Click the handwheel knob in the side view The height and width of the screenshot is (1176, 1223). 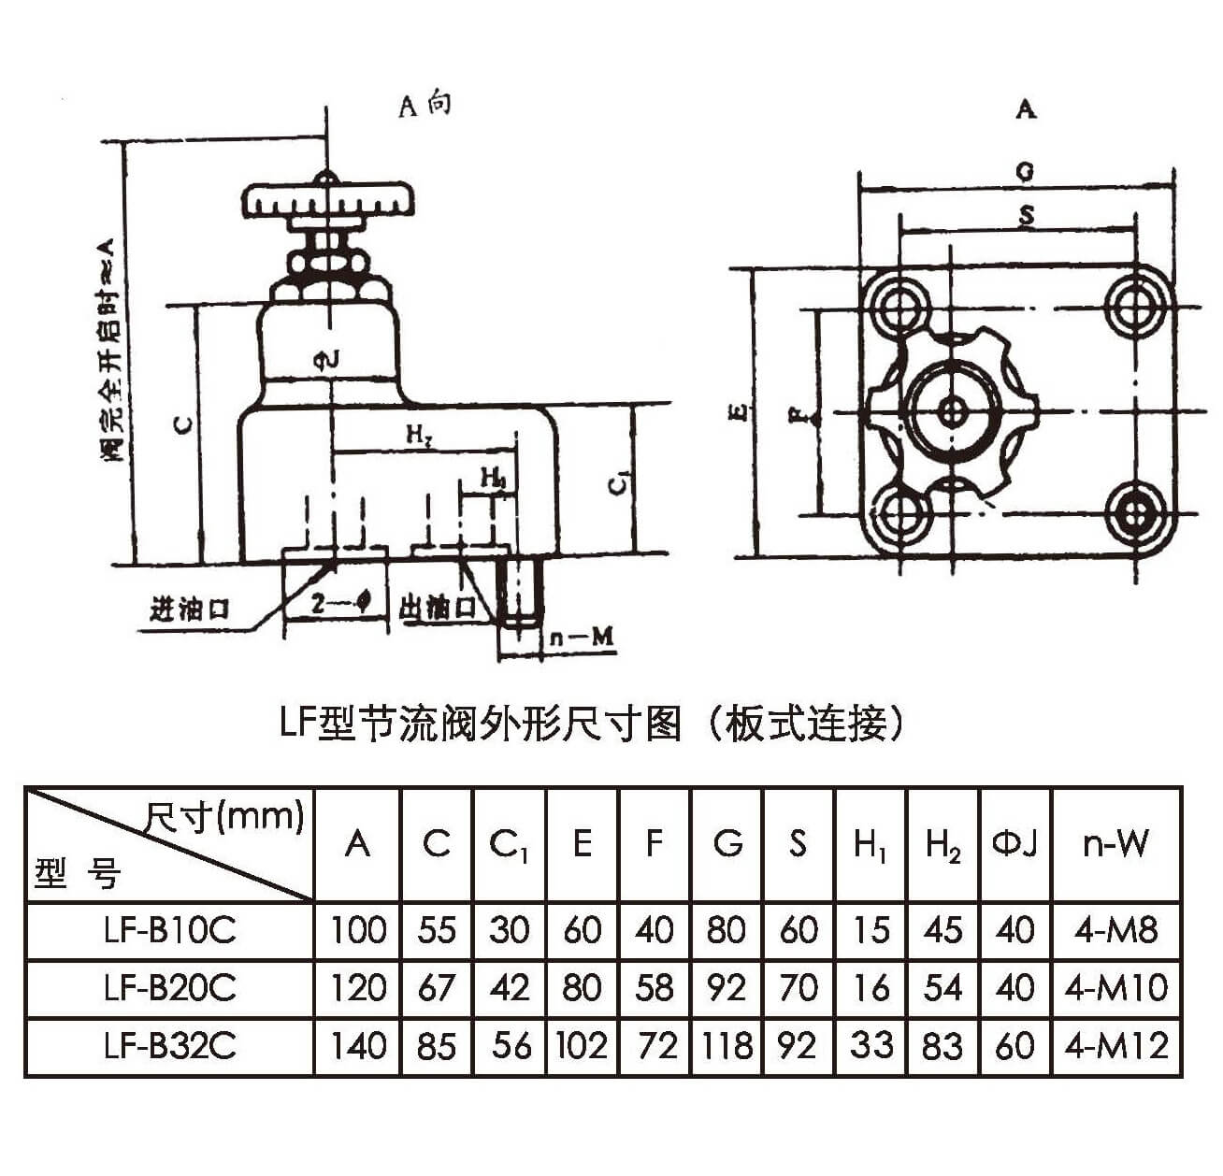[x=326, y=201]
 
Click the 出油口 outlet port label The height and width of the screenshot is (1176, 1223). [x=438, y=608]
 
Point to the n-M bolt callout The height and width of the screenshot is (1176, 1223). [x=581, y=638]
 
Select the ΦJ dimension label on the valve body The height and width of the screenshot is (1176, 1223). [x=326, y=360]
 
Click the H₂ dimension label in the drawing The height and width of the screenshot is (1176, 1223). [x=418, y=435]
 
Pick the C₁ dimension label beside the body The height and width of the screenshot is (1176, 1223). [x=618, y=482]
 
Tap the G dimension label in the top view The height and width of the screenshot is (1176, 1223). [x=1025, y=172]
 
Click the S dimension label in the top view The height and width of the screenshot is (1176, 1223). [x=1026, y=217]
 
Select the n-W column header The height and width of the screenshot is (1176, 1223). [x=1115, y=844]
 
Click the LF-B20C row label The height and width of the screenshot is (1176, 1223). [x=170, y=988]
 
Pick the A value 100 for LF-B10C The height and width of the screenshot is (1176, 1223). [x=358, y=930]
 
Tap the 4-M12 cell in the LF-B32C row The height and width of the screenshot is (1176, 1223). [x=1116, y=1045]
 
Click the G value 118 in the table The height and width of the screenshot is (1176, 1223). [x=727, y=1045]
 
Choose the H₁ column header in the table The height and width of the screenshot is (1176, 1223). [x=870, y=845]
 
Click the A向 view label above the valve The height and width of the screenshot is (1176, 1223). [x=425, y=104]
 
